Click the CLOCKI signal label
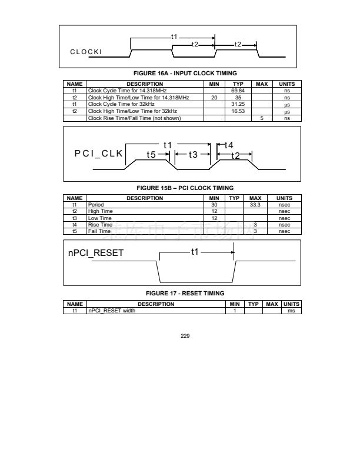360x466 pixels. point(86,52)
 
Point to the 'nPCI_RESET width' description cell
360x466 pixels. point(111,311)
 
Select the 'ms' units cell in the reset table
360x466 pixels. point(291,311)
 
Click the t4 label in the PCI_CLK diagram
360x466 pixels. point(229,145)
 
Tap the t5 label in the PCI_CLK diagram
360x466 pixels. point(151,155)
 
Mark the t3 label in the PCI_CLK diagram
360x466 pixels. point(193,155)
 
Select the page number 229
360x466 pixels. point(180,337)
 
